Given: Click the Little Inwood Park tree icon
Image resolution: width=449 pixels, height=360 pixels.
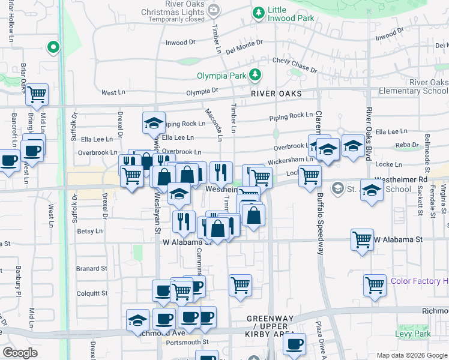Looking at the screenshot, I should point(258,13).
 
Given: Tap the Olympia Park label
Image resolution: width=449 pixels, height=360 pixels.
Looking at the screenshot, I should point(221,76).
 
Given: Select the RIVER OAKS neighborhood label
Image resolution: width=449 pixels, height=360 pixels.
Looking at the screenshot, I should point(276,94).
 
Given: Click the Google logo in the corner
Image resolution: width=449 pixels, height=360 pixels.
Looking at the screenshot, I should point(20,353).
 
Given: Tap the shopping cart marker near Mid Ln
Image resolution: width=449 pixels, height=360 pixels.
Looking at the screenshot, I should point(37,94).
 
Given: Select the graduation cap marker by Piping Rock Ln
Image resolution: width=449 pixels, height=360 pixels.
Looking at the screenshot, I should point(154,123).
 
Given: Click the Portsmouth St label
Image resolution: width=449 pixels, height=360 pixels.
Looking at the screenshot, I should point(187,342).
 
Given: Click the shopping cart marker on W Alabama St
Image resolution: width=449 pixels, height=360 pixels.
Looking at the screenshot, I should point(363,239).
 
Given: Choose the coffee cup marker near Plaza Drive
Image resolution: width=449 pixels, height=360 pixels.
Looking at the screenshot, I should point(294,344).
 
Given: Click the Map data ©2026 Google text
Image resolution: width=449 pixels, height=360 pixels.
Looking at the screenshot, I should point(412,355).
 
